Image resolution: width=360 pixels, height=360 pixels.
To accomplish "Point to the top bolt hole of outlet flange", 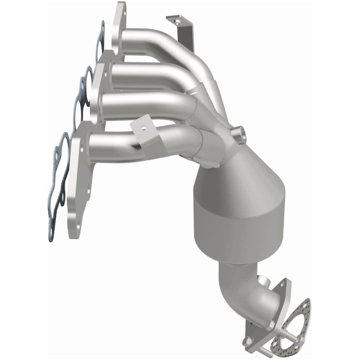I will point(284,285).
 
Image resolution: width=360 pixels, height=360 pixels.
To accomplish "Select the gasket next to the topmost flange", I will point(101,43).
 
